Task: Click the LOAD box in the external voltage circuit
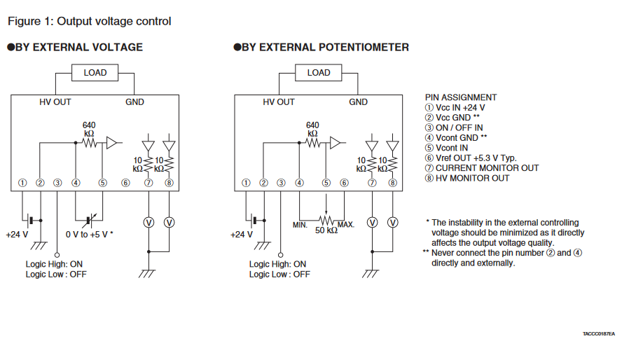[95, 73]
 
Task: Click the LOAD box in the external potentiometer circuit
[319, 73]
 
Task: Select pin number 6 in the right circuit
[344, 183]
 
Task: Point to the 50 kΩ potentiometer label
[326, 230]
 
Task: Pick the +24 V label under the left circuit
[17, 234]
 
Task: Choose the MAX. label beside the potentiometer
[346, 225]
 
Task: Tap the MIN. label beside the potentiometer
[301, 225]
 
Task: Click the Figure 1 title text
[89, 21]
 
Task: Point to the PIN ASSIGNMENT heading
[461, 97]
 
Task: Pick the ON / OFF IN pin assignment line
[459, 127]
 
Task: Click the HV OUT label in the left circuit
[55, 102]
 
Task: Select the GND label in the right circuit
[358, 102]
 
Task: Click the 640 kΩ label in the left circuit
[89, 129]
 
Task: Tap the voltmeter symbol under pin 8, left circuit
[169, 222]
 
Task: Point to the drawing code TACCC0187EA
[598, 333]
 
